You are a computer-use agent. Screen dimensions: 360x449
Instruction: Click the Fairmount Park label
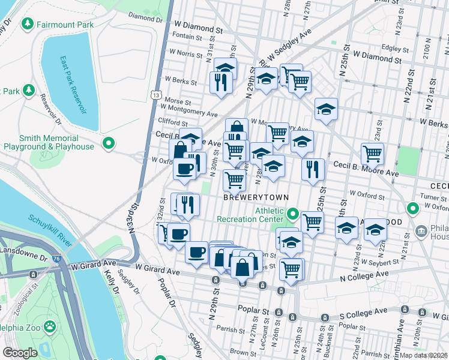[65, 25]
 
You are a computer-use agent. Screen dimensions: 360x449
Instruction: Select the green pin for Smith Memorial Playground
[109, 143]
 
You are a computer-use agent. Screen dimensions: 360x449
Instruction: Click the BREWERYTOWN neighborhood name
[256, 197]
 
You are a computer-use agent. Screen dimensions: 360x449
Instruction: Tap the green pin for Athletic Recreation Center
[293, 214]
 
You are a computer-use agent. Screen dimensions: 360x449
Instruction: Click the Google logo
[20, 353]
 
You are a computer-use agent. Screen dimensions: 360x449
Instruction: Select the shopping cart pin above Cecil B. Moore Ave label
[373, 153]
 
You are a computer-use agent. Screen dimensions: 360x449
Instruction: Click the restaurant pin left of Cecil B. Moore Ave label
[313, 169]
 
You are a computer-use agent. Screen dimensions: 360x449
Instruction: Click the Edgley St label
[390, 48]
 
